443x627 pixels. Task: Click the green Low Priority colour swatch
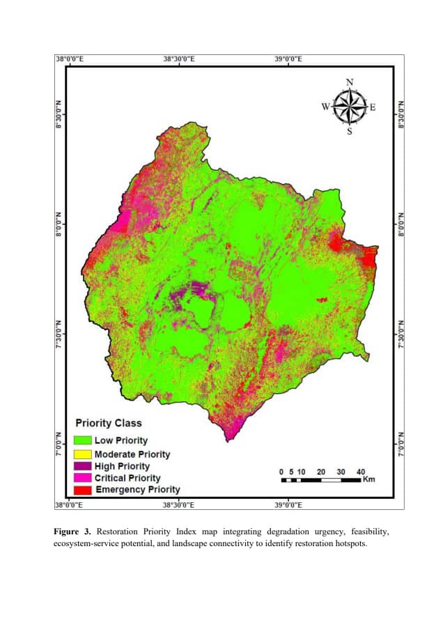(x=83, y=440)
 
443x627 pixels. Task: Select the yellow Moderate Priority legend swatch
(x=83, y=454)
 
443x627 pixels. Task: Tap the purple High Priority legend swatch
(x=83, y=466)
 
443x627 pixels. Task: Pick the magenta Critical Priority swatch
(x=83, y=478)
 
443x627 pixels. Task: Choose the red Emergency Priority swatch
(x=83, y=490)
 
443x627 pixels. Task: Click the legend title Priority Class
(x=108, y=423)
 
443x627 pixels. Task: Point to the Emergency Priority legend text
(x=137, y=490)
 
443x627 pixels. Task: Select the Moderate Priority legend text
(x=132, y=454)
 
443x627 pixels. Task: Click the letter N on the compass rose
(x=350, y=82)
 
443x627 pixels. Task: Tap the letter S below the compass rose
(x=350, y=132)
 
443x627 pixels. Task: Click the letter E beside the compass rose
(x=373, y=107)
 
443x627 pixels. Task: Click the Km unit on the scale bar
(x=370, y=480)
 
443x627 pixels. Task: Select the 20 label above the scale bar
(x=321, y=472)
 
